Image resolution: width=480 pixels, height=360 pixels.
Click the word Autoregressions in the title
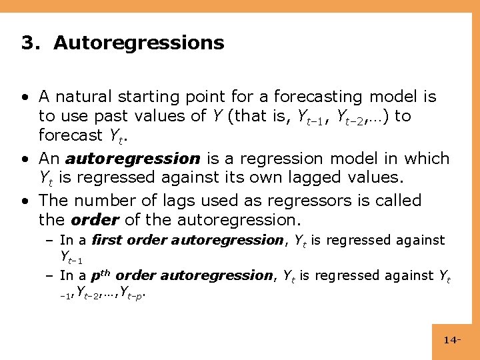click(x=139, y=43)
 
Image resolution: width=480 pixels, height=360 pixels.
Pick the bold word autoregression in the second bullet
click(x=133, y=159)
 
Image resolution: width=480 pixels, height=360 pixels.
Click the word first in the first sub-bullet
click(x=107, y=240)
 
